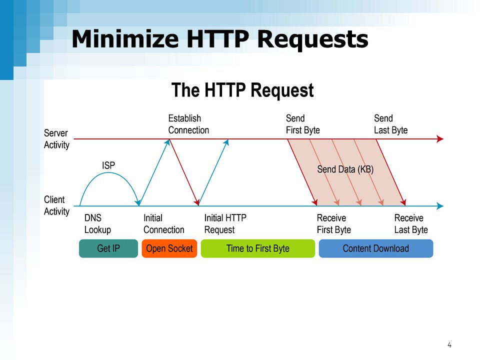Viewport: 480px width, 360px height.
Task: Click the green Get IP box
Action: click(x=108, y=248)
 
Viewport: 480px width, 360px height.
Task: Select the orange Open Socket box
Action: click(x=169, y=248)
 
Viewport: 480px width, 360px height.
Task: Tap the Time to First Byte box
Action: click(x=258, y=248)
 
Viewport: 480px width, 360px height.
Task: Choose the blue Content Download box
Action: click(x=376, y=248)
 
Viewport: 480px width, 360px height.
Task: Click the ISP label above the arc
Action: click(x=108, y=165)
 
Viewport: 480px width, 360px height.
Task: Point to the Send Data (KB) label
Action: click(x=345, y=169)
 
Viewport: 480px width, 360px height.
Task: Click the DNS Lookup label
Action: click(x=97, y=224)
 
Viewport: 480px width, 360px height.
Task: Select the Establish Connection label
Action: click(x=188, y=124)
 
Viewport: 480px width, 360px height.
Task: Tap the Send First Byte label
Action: click(x=303, y=124)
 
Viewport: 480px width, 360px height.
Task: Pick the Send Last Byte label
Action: click(x=390, y=124)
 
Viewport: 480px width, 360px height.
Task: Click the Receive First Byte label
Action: click(x=333, y=224)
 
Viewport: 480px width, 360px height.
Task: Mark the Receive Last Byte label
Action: click(x=411, y=224)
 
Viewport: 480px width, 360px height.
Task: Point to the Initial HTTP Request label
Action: click(x=225, y=224)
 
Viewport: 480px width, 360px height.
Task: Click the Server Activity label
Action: click(x=56, y=139)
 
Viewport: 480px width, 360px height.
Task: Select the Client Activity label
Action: click(x=56, y=205)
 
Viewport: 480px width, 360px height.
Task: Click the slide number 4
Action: click(x=449, y=345)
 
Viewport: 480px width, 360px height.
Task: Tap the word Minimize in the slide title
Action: click(x=125, y=39)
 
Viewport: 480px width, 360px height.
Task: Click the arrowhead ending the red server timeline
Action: click(x=440, y=139)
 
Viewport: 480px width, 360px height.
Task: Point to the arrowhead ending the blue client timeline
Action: click(x=440, y=206)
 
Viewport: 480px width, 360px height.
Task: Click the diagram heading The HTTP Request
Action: click(x=242, y=90)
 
